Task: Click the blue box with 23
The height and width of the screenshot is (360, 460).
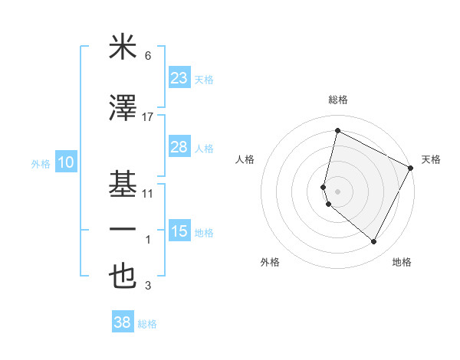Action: (x=179, y=78)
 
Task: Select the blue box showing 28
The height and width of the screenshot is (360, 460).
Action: (x=179, y=147)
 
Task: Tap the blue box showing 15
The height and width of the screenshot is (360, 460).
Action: (x=179, y=231)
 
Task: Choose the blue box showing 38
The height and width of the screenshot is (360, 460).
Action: (x=123, y=322)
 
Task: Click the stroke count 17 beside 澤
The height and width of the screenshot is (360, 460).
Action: (x=148, y=116)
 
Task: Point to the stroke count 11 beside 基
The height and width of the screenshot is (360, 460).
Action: (x=148, y=194)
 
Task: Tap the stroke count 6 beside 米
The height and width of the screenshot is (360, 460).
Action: (x=148, y=56)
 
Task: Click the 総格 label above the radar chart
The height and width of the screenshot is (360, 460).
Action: (x=338, y=100)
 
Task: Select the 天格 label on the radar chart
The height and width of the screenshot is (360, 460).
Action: (x=431, y=159)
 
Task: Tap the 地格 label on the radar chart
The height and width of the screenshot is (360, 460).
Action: (x=402, y=262)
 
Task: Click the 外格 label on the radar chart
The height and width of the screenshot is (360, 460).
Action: (x=270, y=262)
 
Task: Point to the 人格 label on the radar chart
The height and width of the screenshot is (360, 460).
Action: (x=245, y=159)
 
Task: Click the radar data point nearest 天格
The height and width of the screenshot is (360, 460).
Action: (x=412, y=168)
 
